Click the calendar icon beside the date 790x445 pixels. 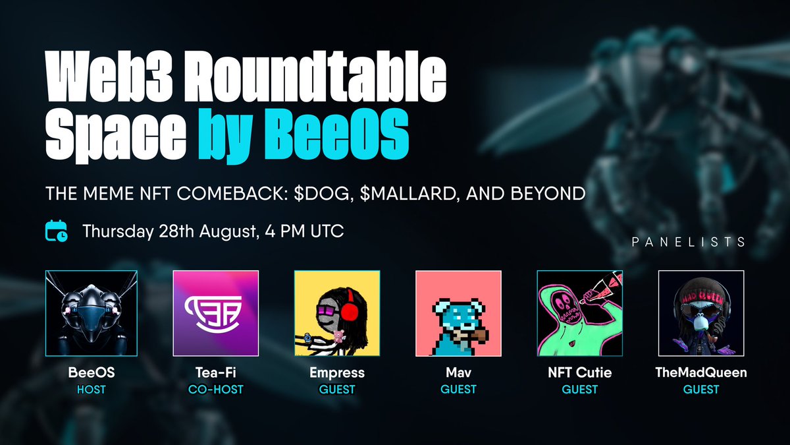pos(56,231)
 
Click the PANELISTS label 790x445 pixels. pos(688,242)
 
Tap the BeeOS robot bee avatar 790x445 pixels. pos(92,313)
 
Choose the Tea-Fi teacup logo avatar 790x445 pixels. pos(215,313)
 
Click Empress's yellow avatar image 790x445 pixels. pos(337,313)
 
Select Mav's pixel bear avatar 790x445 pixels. pos(458,313)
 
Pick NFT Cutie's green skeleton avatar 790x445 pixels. pos(580,313)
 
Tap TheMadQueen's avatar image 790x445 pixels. pos(701,313)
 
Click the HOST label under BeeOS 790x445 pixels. pos(92,390)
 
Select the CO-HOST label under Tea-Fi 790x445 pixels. pos(215,390)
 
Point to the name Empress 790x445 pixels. pos(337,373)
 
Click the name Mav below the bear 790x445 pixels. pos(458,373)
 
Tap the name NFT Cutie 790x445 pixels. pos(580,373)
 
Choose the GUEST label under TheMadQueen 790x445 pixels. pos(701,390)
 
